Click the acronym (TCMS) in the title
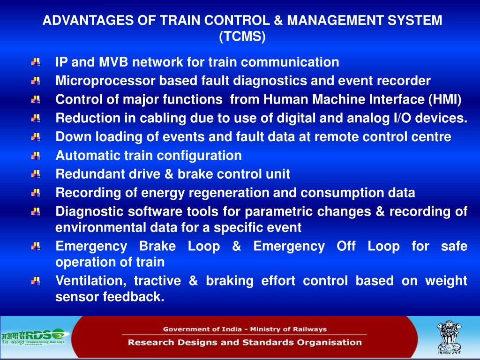click(242, 37)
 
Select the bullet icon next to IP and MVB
click(36, 62)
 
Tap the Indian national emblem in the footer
click(449, 337)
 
